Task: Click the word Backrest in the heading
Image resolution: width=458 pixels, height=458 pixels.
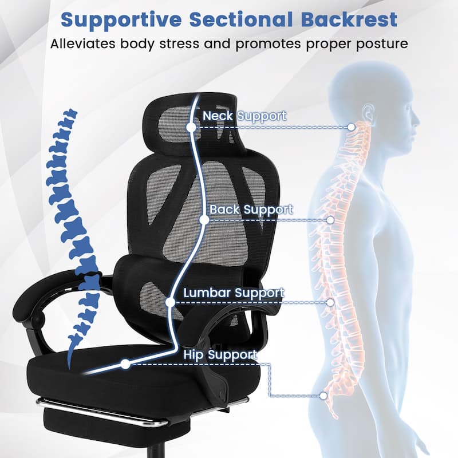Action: click(349, 19)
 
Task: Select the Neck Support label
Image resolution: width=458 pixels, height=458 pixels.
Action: click(244, 116)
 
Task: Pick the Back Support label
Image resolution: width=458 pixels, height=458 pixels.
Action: click(251, 210)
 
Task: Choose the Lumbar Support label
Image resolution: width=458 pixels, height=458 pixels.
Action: click(234, 293)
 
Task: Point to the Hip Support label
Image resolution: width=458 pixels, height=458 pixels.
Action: click(220, 355)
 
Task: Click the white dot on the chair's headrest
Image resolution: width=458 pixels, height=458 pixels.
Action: click(191, 127)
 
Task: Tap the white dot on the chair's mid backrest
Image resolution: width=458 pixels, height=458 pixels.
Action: click(204, 220)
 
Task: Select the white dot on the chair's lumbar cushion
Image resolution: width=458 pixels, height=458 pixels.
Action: click(170, 302)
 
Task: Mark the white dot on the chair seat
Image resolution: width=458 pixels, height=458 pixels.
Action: click(125, 364)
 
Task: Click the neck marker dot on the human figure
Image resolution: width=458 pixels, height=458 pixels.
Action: click(352, 127)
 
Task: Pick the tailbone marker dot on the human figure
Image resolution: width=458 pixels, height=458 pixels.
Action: click(323, 396)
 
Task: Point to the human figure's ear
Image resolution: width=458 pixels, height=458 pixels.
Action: click(368, 113)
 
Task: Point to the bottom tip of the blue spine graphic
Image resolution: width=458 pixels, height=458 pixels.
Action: click(69, 369)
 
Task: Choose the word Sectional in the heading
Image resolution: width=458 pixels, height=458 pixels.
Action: click(241, 20)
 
